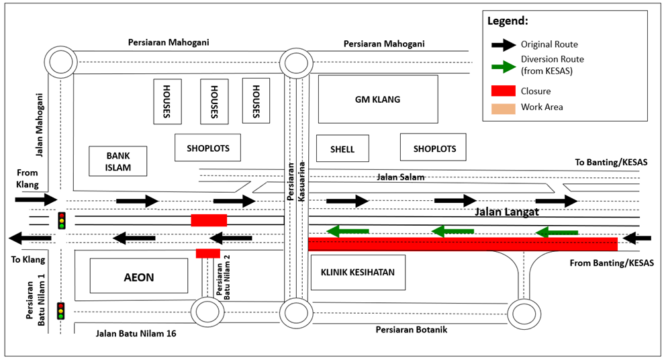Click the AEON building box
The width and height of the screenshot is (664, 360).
(x=138, y=276)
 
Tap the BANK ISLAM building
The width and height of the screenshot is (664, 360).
(x=117, y=161)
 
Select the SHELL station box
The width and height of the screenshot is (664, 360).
(x=342, y=149)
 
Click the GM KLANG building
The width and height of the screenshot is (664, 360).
(x=377, y=99)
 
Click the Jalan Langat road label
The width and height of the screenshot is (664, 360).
(x=507, y=212)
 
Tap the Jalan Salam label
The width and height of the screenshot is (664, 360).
(x=401, y=177)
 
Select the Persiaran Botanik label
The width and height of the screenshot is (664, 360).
(x=411, y=330)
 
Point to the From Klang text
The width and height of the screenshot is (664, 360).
(x=28, y=179)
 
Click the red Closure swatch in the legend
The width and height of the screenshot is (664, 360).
(x=503, y=91)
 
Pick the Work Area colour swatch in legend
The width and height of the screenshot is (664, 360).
(x=503, y=107)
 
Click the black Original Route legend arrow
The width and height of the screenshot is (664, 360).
(x=503, y=45)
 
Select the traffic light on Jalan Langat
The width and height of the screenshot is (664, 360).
(x=61, y=220)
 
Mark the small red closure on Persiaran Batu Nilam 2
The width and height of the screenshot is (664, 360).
(x=207, y=253)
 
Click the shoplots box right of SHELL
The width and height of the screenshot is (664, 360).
(x=434, y=148)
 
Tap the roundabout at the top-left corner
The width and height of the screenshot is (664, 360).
(x=61, y=63)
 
